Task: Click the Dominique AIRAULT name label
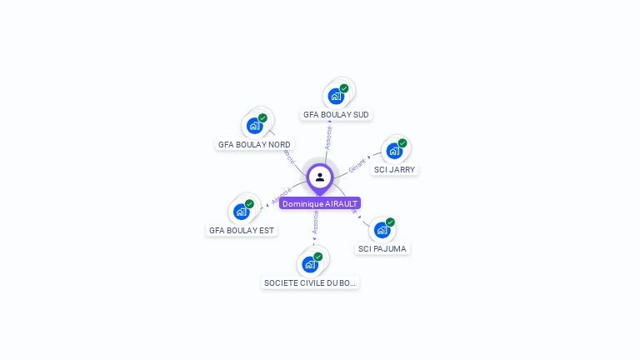pos(320,203)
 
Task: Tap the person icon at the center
pos(320,177)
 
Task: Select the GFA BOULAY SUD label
pos(336,114)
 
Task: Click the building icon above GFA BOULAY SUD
pos(336,96)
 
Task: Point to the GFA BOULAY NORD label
pos(254,144)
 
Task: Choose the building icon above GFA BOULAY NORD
pos(254,126)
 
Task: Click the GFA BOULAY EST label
pos(242,230)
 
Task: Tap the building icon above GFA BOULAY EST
pos(241,212)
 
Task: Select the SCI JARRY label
pos(394,169)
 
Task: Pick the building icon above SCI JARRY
pos(394,151)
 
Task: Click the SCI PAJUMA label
pos(382,248)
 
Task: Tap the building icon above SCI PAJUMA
pos(382,230)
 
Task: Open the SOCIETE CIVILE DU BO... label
pos(310,282)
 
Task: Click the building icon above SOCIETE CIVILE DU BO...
pos(310,264)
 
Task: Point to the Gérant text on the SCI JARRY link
pos(357,164)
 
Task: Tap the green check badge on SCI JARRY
pos(402,143)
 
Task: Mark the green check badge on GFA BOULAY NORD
pos(262,118)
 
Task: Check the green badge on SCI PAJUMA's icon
pos(390,222)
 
